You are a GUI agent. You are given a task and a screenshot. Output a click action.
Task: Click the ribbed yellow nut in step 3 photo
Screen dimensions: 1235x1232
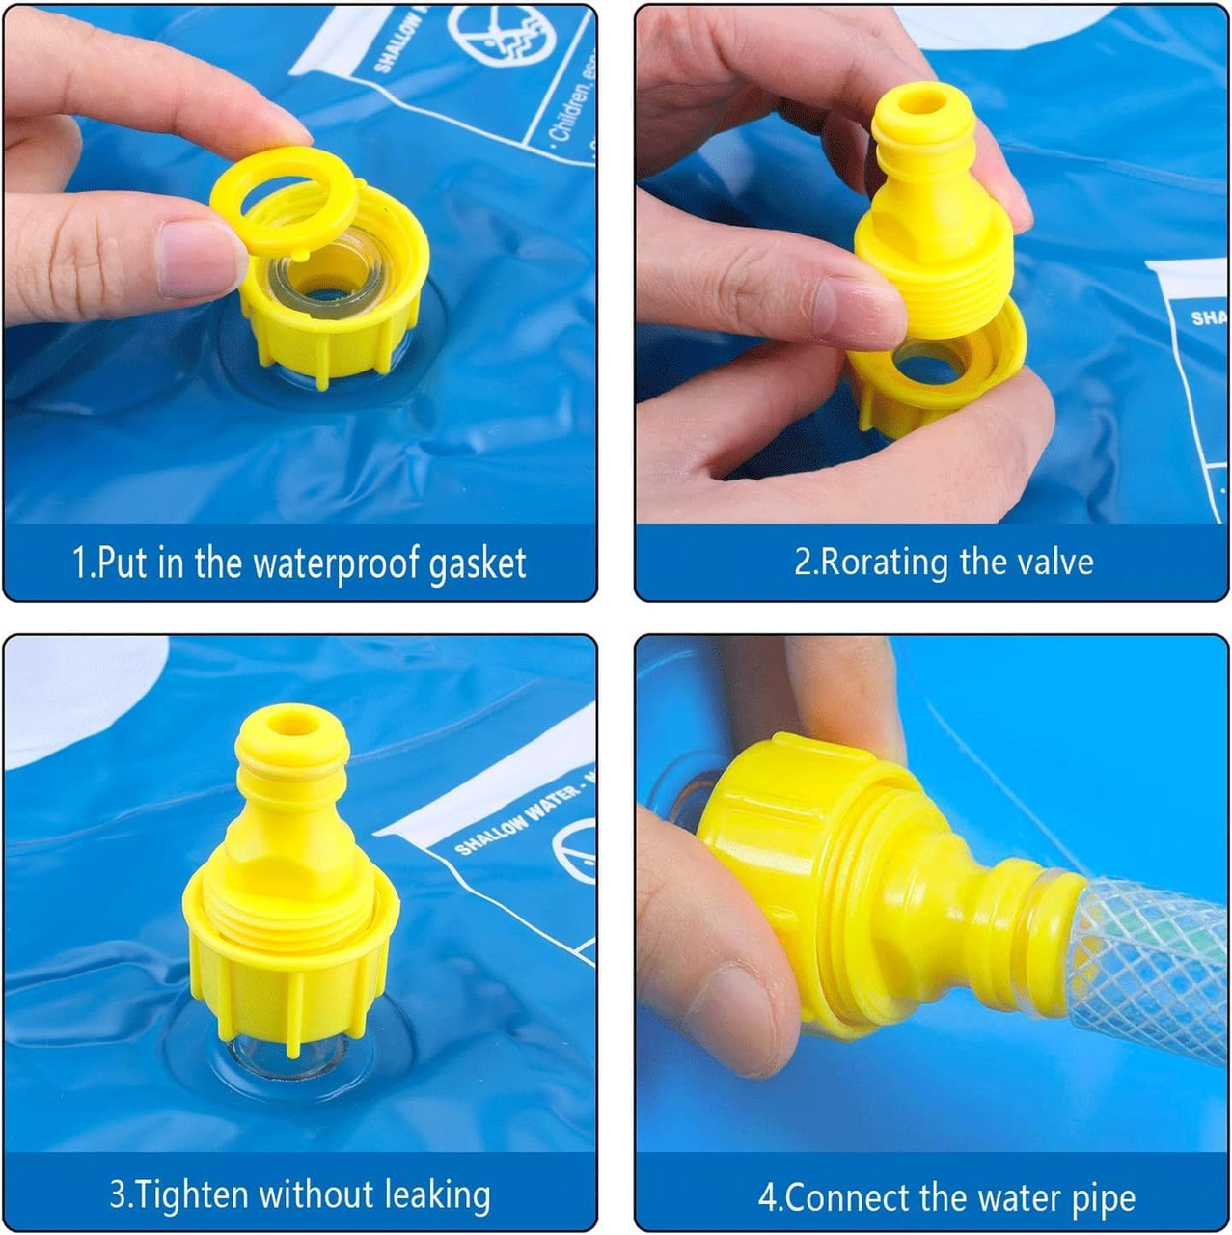[x=289, y=974]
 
